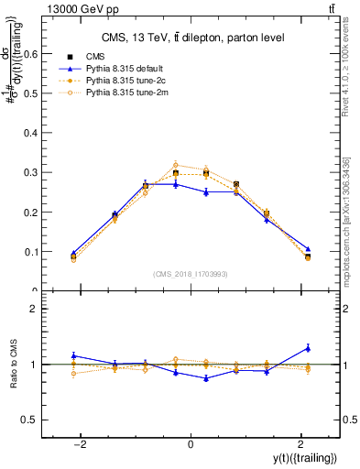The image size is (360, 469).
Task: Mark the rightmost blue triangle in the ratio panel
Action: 308,347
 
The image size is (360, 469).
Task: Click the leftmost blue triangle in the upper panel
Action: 73,253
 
